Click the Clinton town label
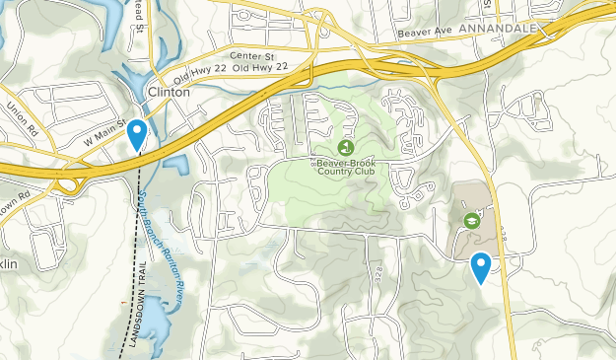(168, 91)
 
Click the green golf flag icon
(344, 146)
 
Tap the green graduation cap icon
(472, 221)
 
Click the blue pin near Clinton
(138, 132)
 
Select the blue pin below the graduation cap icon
(481, 265)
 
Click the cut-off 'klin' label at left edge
(10, 263)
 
